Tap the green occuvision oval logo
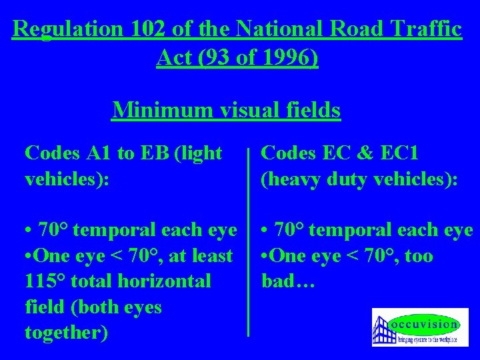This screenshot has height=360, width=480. [x=425, y=325]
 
